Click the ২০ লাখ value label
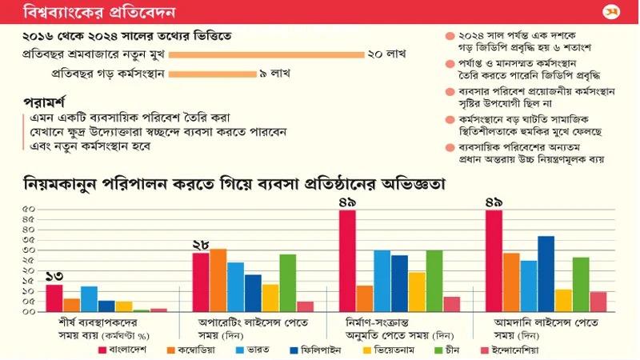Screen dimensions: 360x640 tap(386, 55)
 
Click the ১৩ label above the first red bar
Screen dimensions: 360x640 tap(54, 276)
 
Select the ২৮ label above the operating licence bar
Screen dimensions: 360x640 tap(201, 244)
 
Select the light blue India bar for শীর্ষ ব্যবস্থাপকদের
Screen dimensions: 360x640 tap(89, 298)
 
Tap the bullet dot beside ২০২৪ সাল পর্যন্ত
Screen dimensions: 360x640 tap(450, 37)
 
